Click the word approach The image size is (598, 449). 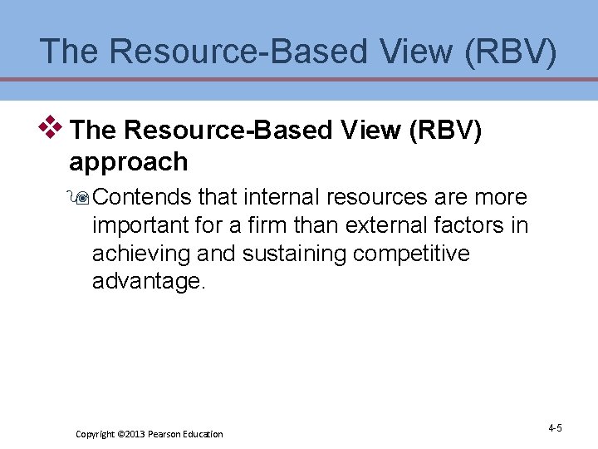click(x=129, y=161)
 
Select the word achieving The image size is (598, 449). click(x=145, y=254)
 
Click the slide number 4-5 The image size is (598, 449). click(x=555, y=428)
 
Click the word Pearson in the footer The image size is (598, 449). click(x=167, y=434)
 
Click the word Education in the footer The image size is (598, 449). click(x=204, y=434)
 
